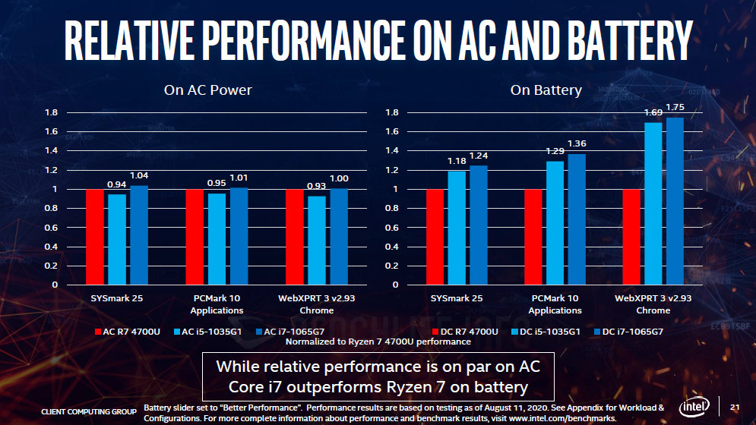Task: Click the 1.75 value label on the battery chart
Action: point(675,107)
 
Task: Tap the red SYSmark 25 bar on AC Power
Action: point(95,237)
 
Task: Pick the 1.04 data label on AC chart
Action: point(139,175)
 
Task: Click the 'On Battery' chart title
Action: point(546,90)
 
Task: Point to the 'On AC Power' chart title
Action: point(208,90)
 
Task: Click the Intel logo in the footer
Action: point(694,408)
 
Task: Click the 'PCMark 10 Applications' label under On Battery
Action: point(555,304)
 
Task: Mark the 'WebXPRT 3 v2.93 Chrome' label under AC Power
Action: point(316,304)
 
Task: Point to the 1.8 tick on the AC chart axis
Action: point(52,112)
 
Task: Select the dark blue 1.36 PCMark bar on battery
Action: point(577,219)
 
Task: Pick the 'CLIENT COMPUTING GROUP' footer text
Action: point(89,411)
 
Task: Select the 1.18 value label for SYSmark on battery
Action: point(456,161)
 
